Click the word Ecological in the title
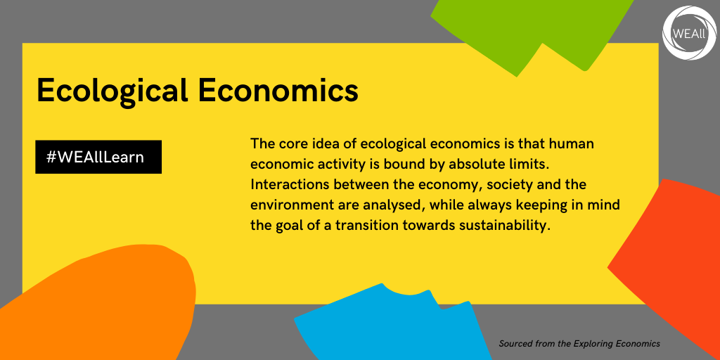tap(112, 91)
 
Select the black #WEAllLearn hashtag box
tap(98, 157)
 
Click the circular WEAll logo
tap(689, 33)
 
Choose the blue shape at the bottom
tap(390, 326)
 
